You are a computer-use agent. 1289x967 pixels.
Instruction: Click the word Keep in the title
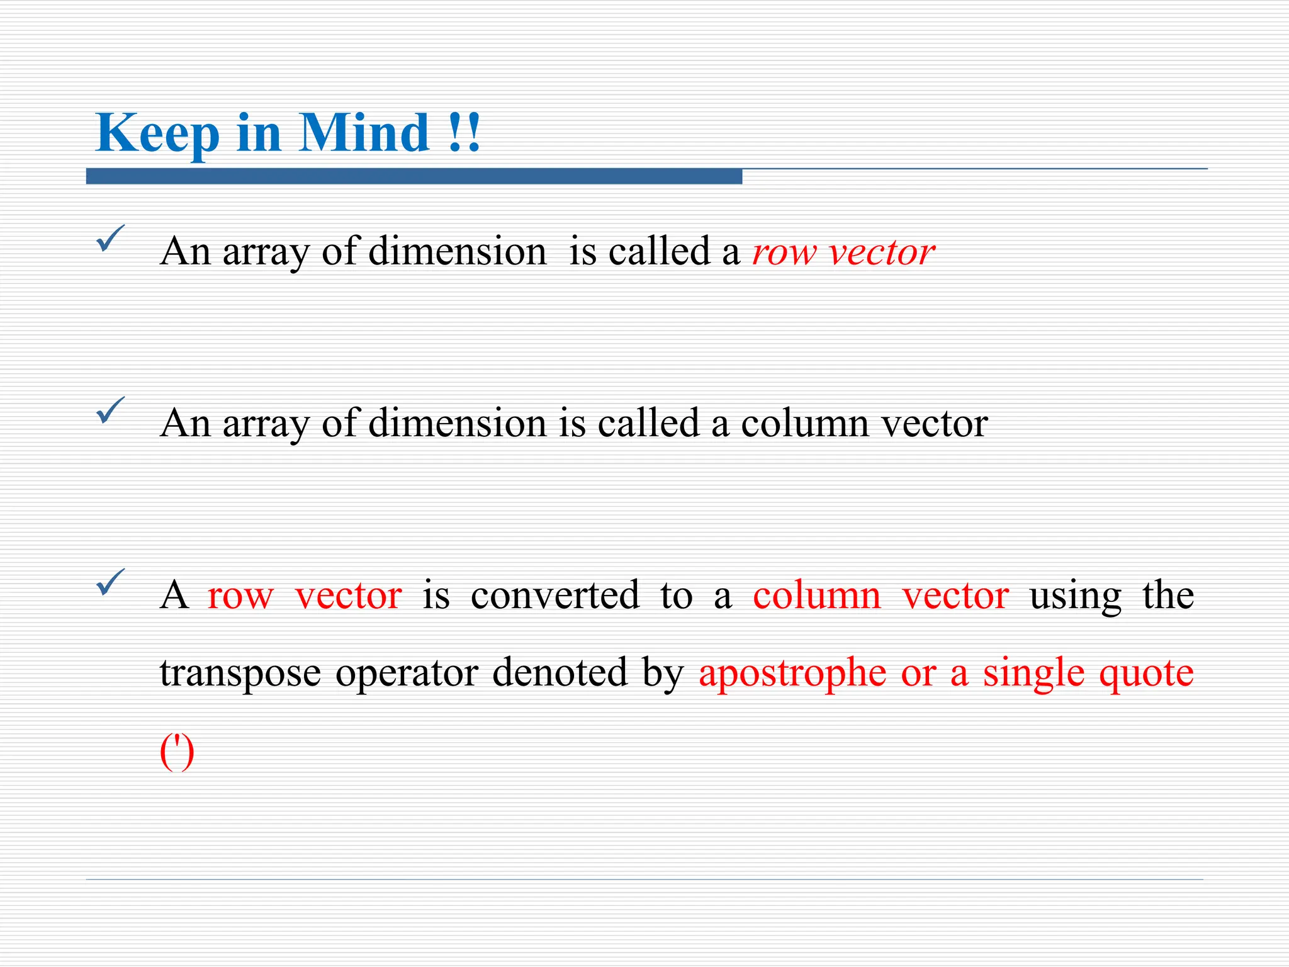(x=157, y=133)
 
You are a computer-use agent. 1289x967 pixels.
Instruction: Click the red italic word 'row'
(x=784, y=253)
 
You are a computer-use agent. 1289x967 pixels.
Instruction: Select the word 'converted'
(x=554, y=595)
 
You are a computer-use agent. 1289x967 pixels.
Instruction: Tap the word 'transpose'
(x=240, y=674)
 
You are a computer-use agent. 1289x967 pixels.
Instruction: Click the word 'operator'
(x=407, y=674)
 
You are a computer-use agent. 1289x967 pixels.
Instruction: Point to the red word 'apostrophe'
(x=792, y=674)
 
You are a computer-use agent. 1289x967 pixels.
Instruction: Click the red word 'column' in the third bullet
(x=817, y=595)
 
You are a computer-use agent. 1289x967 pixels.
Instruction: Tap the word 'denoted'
(x=560, y=672)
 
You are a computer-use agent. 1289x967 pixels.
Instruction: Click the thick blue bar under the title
(x=414, y=176)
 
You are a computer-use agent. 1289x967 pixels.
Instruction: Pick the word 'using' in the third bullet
(x=1075, y=596)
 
